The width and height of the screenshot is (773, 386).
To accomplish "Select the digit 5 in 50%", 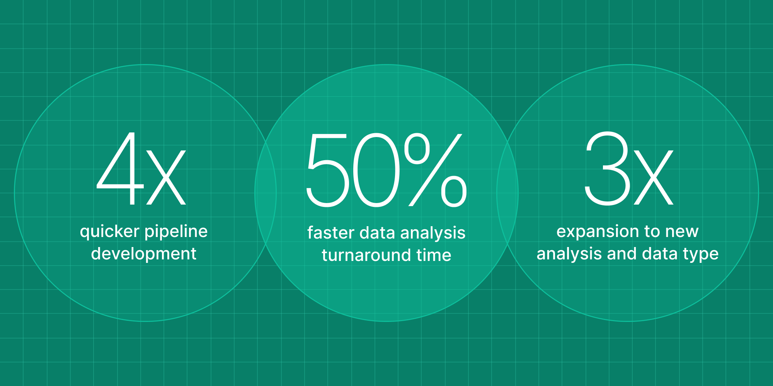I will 327,170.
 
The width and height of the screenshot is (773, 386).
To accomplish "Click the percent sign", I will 435,170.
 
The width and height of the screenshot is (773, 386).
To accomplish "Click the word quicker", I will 109,232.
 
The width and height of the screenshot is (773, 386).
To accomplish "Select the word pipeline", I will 176,232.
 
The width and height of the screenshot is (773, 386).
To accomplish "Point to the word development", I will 144,254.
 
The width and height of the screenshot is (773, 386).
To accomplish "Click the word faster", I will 331,233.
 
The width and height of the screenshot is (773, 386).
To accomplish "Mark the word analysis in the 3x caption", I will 567,254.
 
